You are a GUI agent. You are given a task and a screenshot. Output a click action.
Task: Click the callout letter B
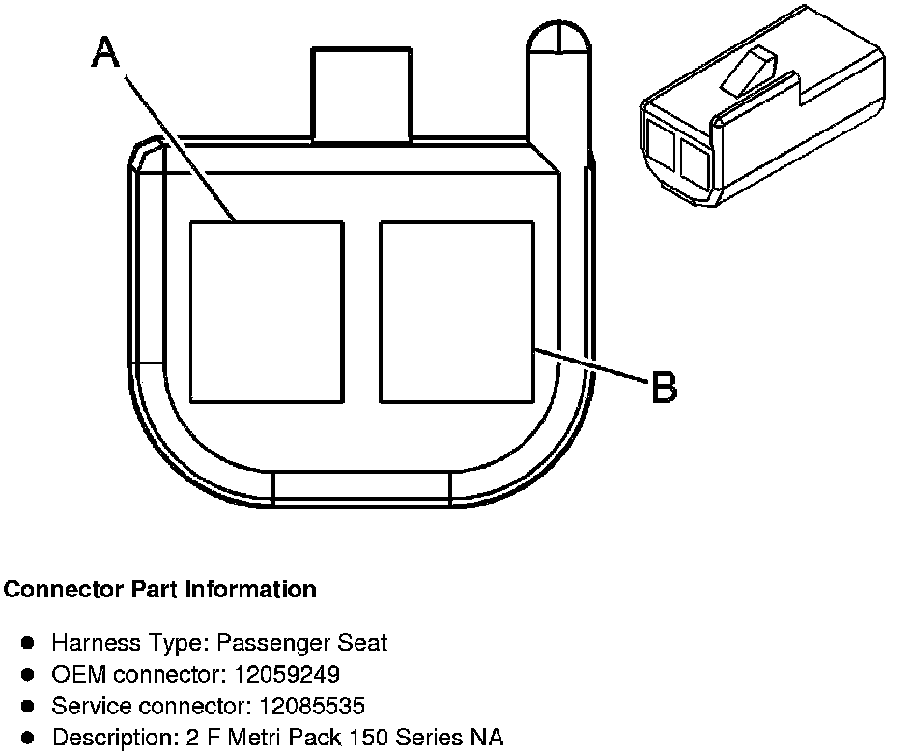(664, 388)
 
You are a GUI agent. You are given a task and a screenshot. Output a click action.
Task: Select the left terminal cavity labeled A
(266, 311)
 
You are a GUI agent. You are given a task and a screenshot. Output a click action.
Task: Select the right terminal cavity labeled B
(457, 311)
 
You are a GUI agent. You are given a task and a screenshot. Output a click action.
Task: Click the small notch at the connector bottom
(362, 489)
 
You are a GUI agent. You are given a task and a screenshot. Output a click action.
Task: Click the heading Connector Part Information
(160, 589)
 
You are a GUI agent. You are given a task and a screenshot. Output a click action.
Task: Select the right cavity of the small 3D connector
(695, 162)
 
